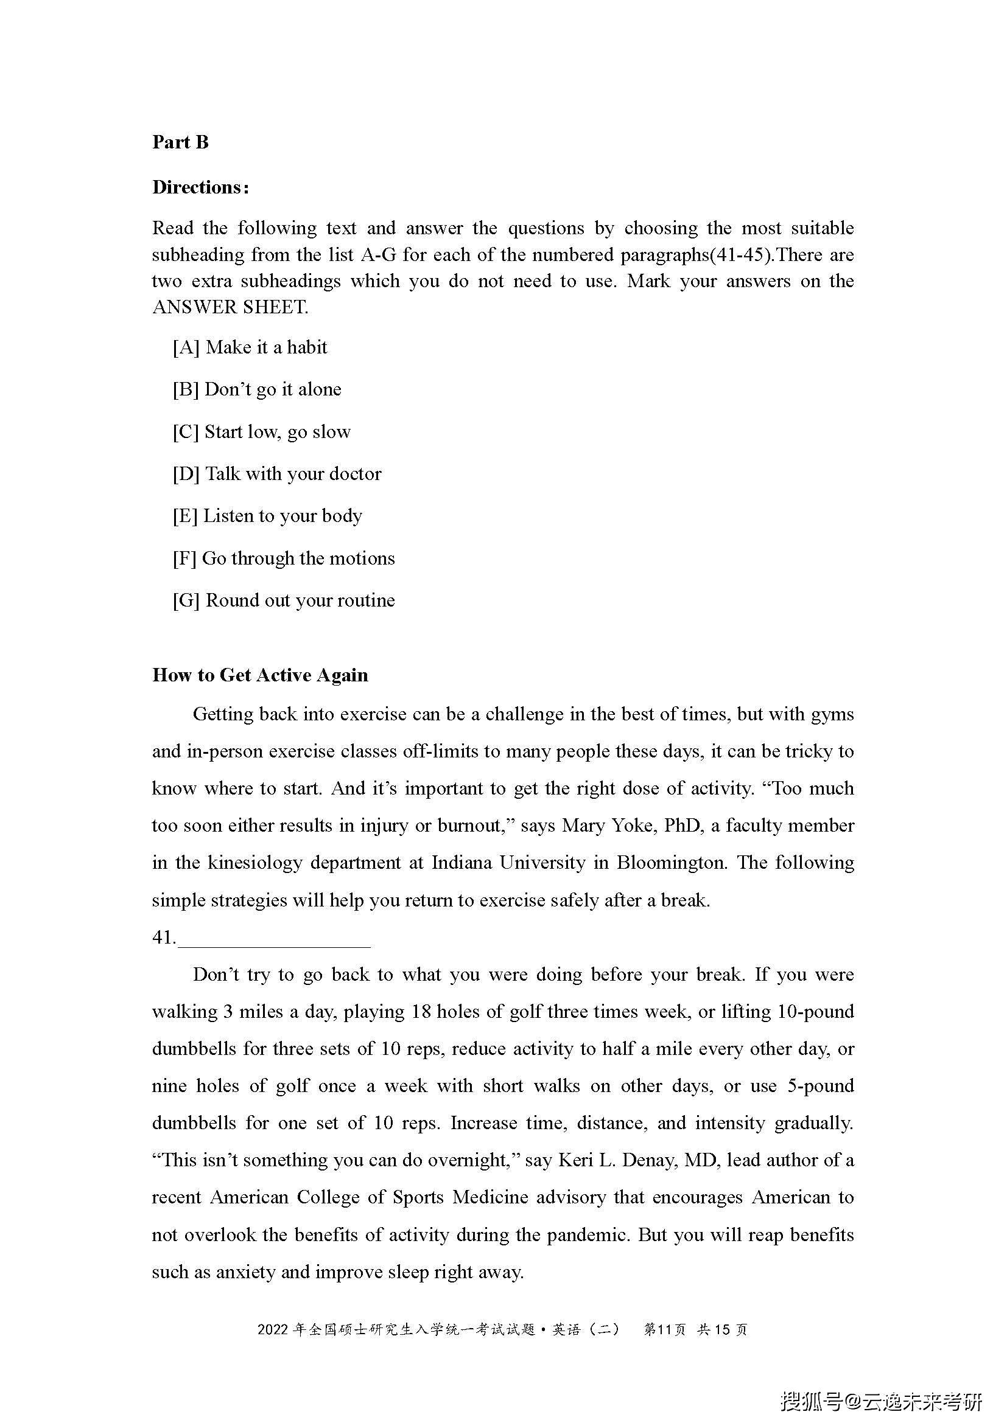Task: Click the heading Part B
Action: pos(180,142)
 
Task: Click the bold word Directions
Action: pos(200,187)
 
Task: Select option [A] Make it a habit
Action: pos(250,347)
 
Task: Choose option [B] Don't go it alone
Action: pos(257,389)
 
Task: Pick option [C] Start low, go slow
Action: pos(262,431)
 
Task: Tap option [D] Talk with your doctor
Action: pos(276,473)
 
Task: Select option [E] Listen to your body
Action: pos(267,516)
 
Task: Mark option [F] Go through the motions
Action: pos(283,558)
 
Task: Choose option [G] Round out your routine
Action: pos(283,600)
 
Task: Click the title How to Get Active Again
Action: pos(260,675)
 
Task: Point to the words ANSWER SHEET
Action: pos(230,307)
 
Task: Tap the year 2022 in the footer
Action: pos(273,1329)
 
